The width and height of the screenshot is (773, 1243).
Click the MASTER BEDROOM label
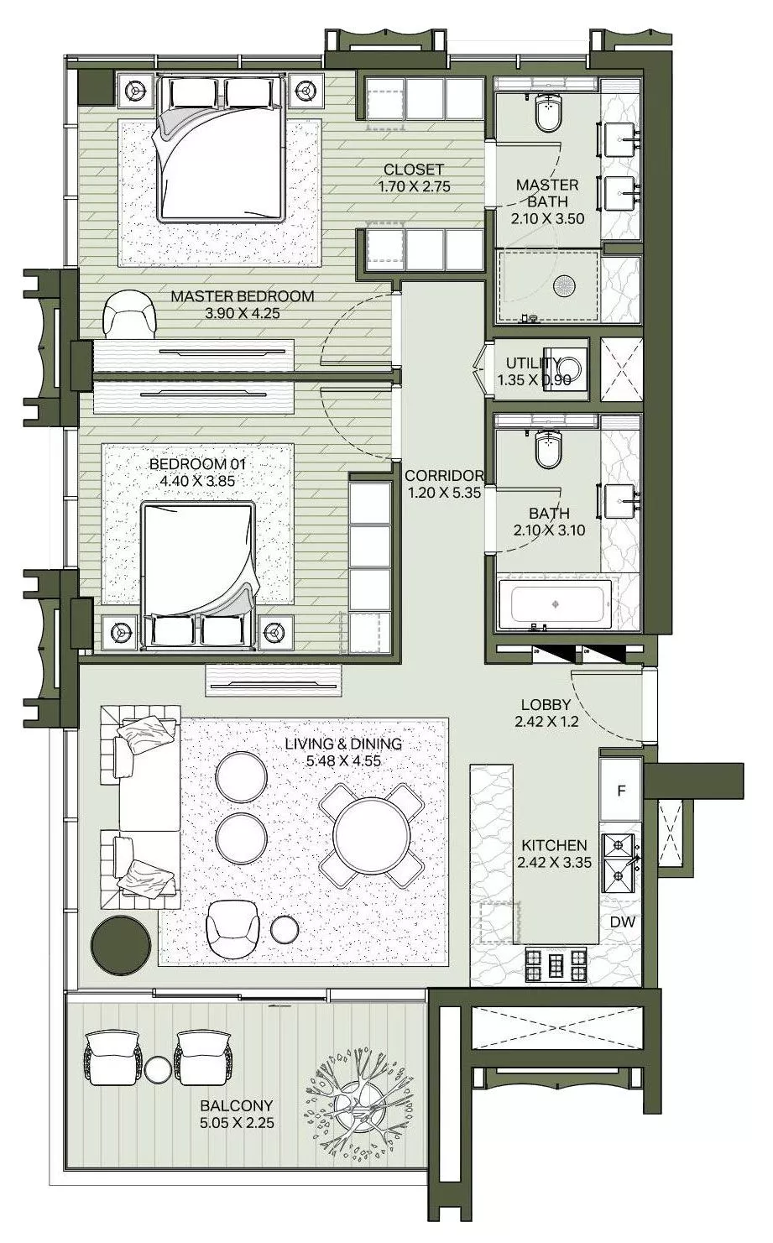click(243, 296)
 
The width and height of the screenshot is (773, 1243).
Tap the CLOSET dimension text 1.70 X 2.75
click(414, 186)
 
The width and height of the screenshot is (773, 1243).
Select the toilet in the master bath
click(548, 113)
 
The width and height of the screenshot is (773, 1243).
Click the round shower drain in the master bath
click(562, 285)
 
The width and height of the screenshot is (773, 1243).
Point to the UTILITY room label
click(533, 363)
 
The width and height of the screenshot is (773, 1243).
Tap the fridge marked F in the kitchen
click(621, 790)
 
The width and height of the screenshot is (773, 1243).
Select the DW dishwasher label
click(622, 922)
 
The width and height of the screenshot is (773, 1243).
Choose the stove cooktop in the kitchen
click(556, 965)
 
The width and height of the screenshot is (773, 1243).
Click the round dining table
click(371, 834)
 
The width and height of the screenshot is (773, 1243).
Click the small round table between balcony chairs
click(158, 1069)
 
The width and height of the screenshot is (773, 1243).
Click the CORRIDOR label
click(443, 476)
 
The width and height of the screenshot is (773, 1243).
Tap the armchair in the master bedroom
click(129, 316)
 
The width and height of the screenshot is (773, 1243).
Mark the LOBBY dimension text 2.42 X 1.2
click(546, 721)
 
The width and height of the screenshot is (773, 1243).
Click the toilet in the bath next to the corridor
click(548, 451)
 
